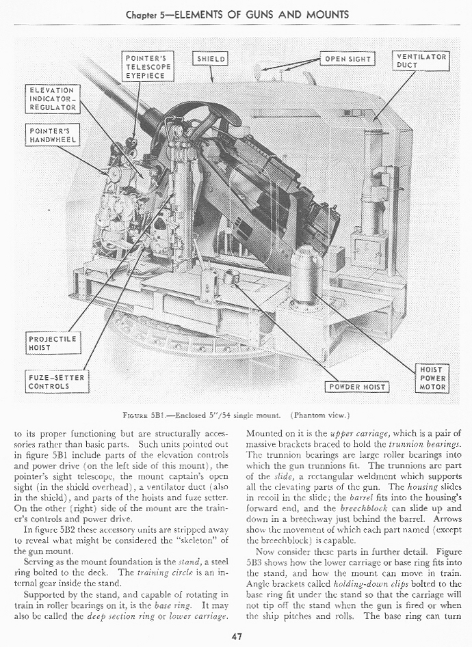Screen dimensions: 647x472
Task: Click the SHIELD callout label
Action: point(211,59)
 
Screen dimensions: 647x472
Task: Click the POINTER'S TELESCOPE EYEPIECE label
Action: point(148,67)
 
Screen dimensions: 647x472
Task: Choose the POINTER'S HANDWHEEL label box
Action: point(53,135)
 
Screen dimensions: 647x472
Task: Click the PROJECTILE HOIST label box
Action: point(53,343)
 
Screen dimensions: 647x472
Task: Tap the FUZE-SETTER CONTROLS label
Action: point(58,382)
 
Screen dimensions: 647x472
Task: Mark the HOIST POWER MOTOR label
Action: point(432,378)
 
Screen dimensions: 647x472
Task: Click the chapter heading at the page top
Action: point(237,14)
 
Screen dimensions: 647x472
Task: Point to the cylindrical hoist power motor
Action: point(306,273)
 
